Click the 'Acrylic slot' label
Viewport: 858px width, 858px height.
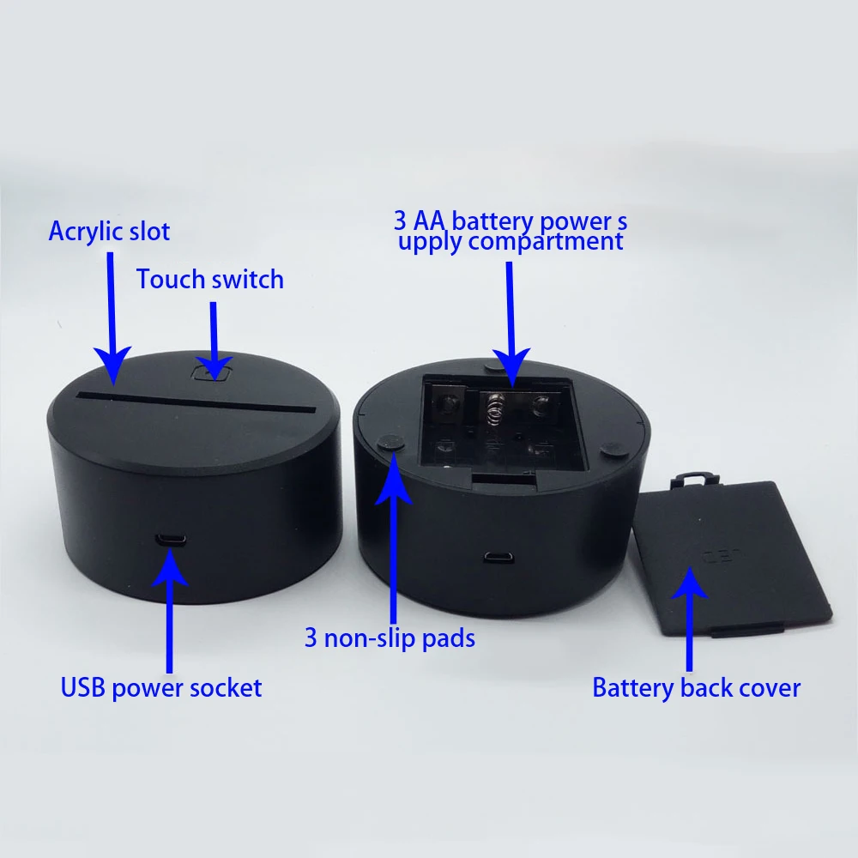[x=109, y=232]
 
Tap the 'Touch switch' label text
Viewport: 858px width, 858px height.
[x=209, y=280]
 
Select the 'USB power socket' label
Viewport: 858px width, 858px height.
[x=160, y=687]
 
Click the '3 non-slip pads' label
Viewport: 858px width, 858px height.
[x=390, y=638]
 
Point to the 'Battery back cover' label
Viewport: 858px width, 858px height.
[x=696, y=687]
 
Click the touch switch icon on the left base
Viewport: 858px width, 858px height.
[x=213, y=372]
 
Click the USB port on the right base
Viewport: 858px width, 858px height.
[x=494, y=558]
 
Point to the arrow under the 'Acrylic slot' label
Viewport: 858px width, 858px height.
[x=111, y=317]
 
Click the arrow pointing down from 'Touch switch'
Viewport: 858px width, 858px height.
[x=213, y=335]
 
